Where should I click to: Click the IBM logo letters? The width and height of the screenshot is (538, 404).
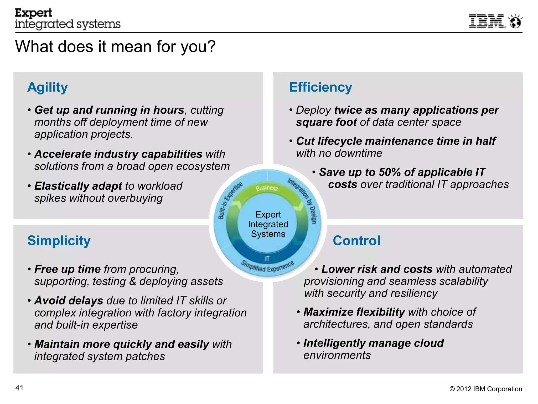click(x=487, y=21)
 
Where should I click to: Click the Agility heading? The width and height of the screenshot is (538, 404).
click(x=48, y=87)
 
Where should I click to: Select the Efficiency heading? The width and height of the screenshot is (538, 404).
click(x=320, y=87)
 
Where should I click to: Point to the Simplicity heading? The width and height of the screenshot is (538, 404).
click(x=59, y=241)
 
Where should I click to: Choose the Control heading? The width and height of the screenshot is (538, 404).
click(x=356, y=241)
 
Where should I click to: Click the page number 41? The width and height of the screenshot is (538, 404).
click(x=19, y=388)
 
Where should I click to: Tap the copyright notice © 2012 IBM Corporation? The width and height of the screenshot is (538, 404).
click(x=486, y=389)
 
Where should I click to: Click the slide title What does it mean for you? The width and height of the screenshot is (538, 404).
click(x=115, y=47)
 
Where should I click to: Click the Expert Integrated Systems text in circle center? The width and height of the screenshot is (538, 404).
click(x=268, y=224)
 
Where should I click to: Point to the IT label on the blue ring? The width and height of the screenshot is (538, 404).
click(x=267, y=259)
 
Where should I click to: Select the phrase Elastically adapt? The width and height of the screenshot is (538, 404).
click(x=78, y=186)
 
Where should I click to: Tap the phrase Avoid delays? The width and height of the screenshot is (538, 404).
click(x=69, y=301)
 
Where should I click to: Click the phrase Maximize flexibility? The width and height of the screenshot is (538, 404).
click(x=354, y=312)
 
